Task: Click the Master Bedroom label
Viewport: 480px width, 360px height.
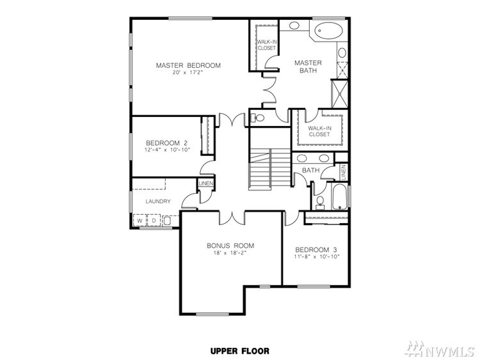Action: point(188,65)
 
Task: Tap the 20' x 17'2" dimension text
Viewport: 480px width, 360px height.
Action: point(188,73)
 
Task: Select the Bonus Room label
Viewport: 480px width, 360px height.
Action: point(230,246)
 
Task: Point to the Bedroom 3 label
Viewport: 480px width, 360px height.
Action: point(317,249)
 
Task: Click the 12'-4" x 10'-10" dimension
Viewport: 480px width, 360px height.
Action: point(167,150)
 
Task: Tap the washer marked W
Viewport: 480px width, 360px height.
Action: point(140,221)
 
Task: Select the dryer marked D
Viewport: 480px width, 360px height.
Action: point(154,221)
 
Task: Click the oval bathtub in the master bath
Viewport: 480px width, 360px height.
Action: point(328,31)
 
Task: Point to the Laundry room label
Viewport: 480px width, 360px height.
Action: point(158,201)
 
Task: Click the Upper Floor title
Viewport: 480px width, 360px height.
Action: point(240,351)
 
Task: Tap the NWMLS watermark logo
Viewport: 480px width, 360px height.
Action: point(439,349)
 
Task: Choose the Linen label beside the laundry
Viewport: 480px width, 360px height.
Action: point(205,184)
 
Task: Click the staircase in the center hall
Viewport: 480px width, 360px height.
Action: point(270,169)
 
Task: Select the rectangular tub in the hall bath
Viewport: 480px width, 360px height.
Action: point(340,196)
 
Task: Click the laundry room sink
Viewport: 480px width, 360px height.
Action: point(168,221)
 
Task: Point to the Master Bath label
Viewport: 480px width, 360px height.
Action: point(308,67)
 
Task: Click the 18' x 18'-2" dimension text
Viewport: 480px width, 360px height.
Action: point(230,253)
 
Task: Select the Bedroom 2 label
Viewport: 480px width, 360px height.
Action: point(166,143)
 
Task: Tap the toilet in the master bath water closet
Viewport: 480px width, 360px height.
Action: point(258,118)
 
